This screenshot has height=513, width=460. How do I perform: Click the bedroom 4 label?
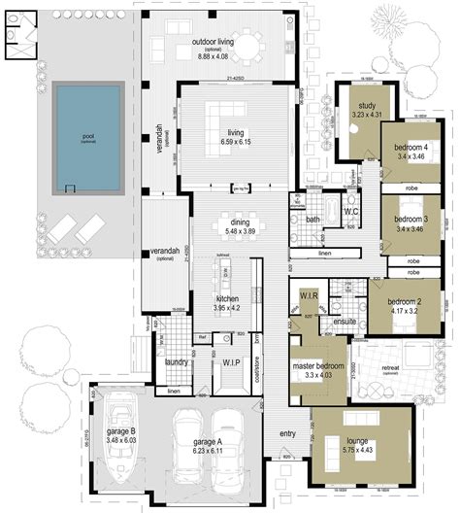(411, 148)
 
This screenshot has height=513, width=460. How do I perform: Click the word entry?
(287, 433)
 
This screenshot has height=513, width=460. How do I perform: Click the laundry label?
(176, 362)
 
